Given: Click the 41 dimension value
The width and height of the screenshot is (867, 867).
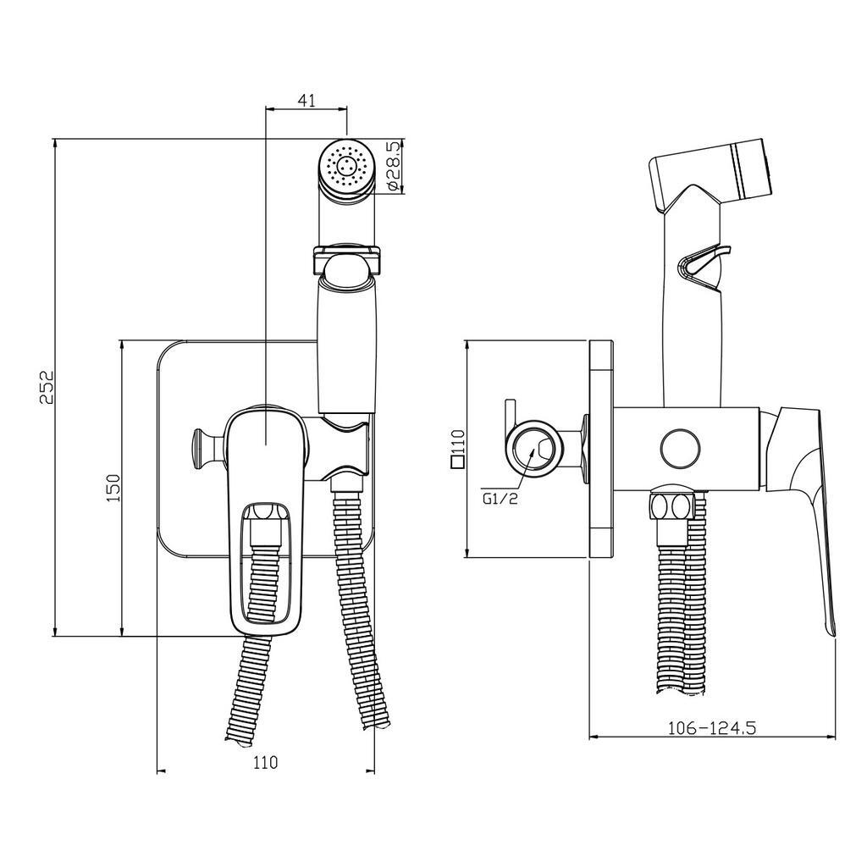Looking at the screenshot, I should pos(306,100).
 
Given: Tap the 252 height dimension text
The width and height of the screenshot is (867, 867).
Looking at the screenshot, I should pos(48,387).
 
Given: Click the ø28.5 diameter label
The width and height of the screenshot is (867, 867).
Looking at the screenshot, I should pos(390,166).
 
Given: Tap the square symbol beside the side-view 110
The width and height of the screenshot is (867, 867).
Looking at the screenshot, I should pos(458,463).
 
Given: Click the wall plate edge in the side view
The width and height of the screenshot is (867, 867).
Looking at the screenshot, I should pos(601,449).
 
